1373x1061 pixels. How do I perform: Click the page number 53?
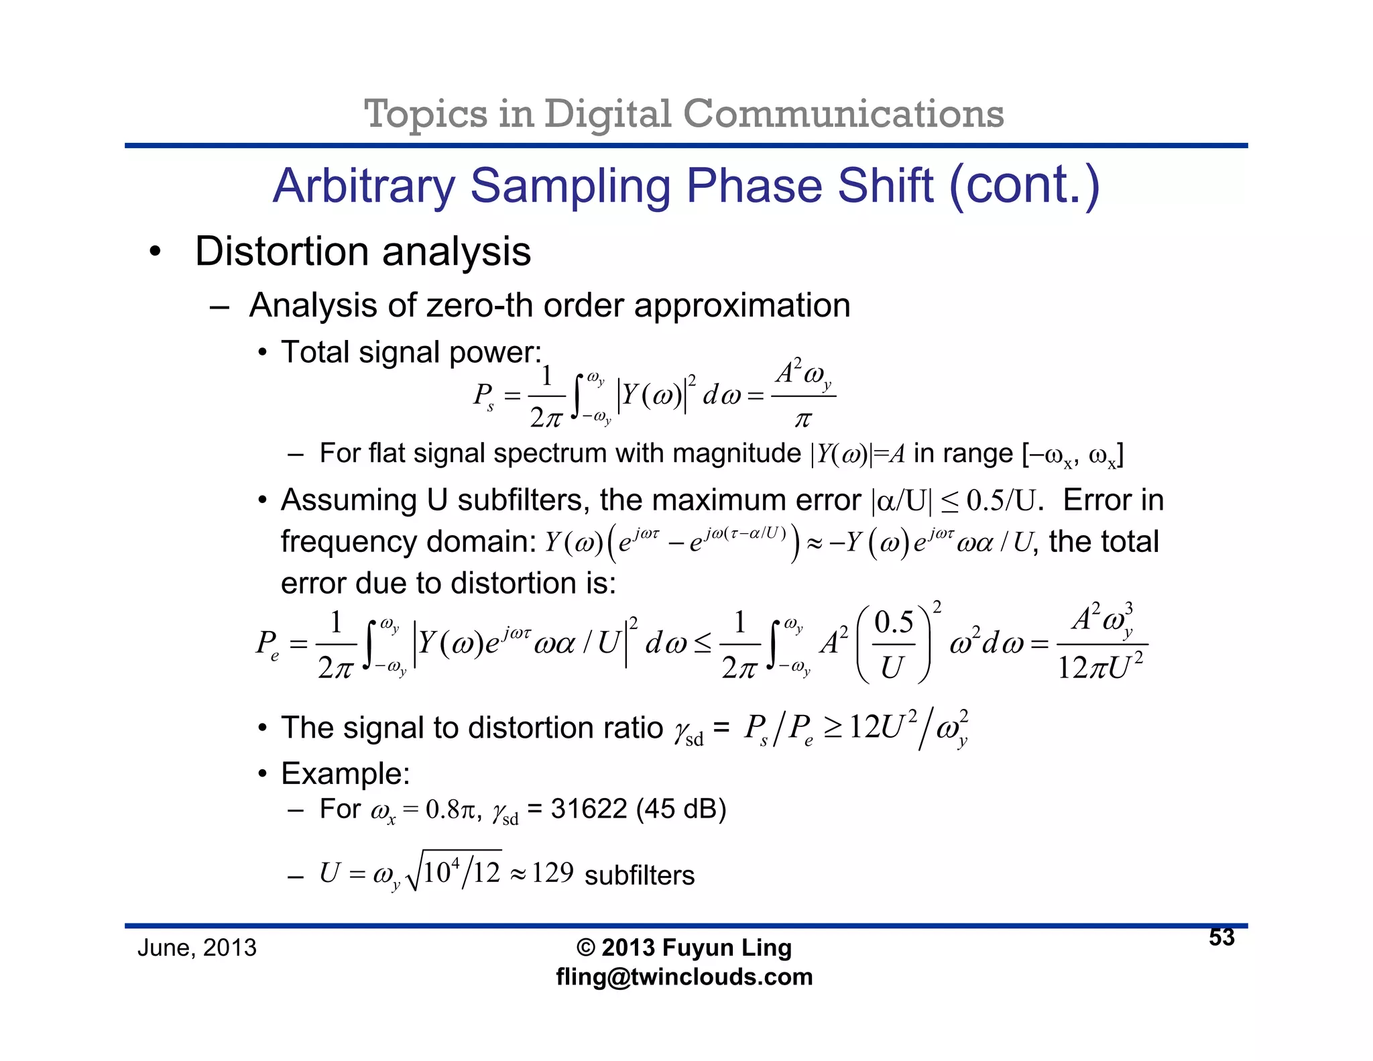click(1221, 937)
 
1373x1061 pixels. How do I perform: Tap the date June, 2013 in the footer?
click(196, 948)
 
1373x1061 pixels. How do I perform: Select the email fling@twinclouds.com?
click(684, 976)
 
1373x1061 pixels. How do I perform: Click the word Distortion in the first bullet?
click(282, 252)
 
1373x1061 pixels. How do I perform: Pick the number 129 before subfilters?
click(552, 873)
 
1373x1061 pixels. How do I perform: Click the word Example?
click(345, 773)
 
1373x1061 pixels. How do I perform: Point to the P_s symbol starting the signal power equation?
click(483, 396)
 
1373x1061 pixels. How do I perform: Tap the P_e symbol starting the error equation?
click(267, 644)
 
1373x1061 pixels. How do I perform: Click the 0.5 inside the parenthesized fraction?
click(894, 622)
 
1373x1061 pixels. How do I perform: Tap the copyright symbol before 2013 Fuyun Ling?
click(585, 948)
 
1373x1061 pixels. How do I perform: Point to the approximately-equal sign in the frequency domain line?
click(814, 543)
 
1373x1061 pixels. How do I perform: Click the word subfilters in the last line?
click(640, 875)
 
